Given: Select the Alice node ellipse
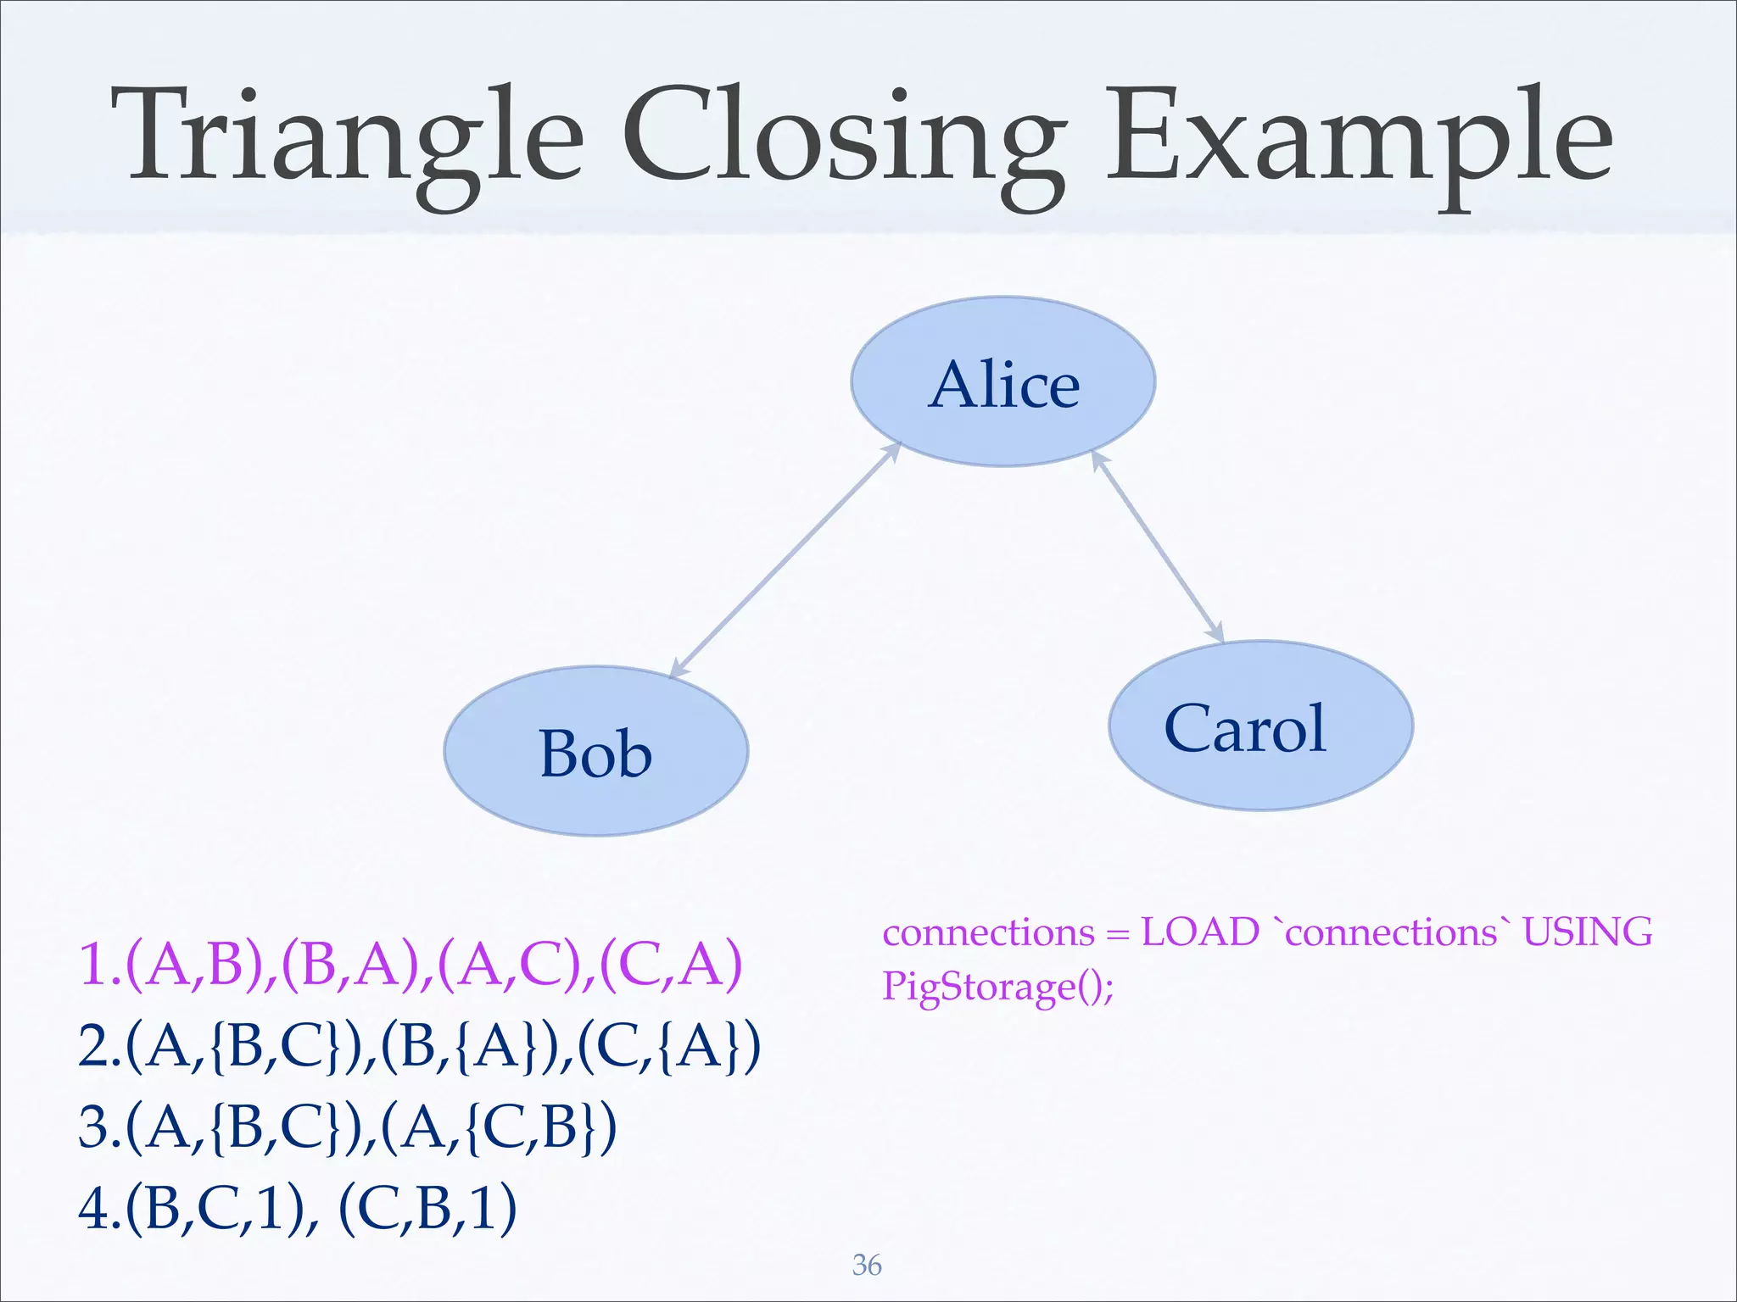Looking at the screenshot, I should click(x=1003, y=381).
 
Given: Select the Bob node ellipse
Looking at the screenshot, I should click(x=596, y=751).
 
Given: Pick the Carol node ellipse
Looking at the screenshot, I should click(x=1260, y=726).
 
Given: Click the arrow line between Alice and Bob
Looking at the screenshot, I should click(x=785, y=560).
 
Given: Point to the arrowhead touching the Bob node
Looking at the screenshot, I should click(x=678, y=670).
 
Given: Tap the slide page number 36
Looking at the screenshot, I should click(x=867, y=1265).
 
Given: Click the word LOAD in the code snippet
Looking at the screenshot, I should click(x=1199, y=932).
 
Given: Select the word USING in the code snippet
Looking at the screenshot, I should click(x=1587, y=932).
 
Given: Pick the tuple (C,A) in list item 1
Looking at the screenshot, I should click(x=670, y=964).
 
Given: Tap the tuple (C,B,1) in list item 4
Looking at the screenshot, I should click(x=427, y=1208).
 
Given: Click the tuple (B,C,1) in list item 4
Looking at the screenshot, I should click(x=216, y=1208).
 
